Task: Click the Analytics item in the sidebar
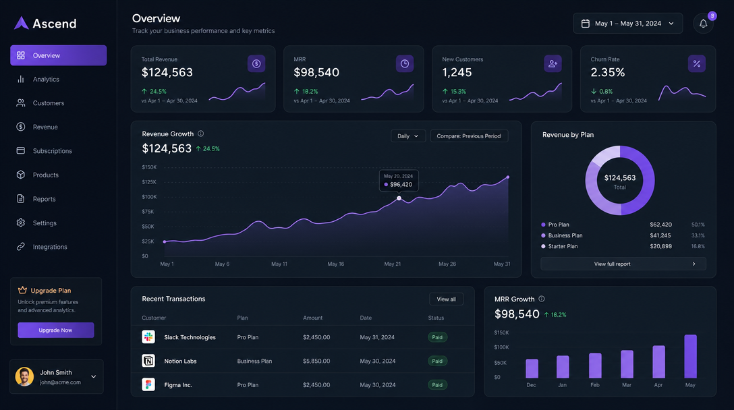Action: [46, 80]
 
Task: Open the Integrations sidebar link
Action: [50, 247]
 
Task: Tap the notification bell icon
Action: [703, 24]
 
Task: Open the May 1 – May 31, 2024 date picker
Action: [627, 24]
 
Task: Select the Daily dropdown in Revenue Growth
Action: [408, 136]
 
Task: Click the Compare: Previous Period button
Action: [469, 136]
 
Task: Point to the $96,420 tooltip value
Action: [401, 184]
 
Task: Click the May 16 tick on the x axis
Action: [336, 264]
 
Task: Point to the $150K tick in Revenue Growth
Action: [149, 167]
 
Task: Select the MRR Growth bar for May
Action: [690, 356]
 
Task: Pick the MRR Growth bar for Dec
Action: [532, 368]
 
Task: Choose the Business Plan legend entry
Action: [565, 235]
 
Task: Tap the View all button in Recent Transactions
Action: [446, 299]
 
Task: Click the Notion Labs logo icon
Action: [148, 361]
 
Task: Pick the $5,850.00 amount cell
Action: [316, 361]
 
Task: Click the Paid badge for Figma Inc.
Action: [437, 385]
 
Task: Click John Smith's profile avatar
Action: [24, 376]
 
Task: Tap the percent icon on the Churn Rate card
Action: [697, 64]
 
